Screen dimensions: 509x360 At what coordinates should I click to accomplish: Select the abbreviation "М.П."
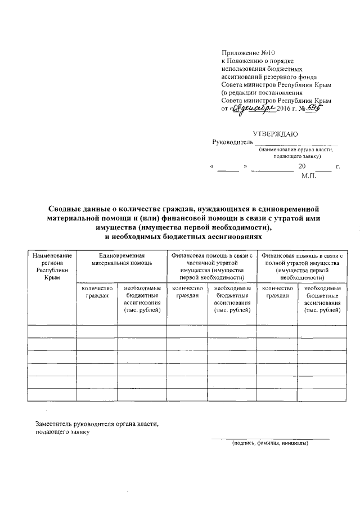pyautogui.click(x=309, y=176)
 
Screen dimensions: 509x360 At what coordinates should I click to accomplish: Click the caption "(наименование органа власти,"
pyautogui.click(x=296, y=151)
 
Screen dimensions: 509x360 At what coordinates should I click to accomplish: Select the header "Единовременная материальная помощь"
pyautogui.click(x=121, y=259)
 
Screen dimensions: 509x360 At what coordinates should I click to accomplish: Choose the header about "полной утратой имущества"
pyautogui.click(x=298, y=266)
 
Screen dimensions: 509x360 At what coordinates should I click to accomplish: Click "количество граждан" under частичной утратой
pyautogui.click(x=187, y=291)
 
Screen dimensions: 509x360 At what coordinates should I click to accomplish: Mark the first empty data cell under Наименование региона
pyautogui.click(x=52, y=331)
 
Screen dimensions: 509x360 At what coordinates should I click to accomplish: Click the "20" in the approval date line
pyautogui.click(x=302, y=168)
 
